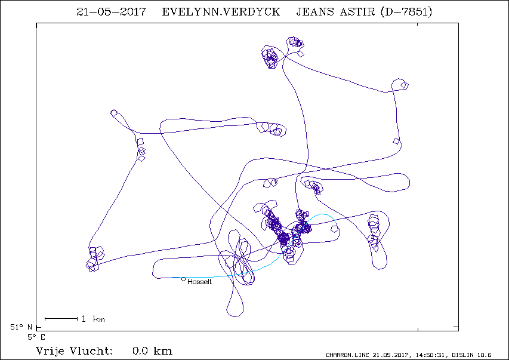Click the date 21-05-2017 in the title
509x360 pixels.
coord(111,12)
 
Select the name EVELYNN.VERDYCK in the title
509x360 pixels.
coord(221,12)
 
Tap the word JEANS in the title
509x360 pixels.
coord(315,12)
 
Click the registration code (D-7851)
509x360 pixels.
coord(406,12)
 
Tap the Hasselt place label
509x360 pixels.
coord(199,282)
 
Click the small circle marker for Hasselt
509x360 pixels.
coord(183,279)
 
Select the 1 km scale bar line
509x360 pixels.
coord(61,319)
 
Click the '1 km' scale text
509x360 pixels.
coord(93,319)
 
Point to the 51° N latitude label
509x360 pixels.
coord(21,327)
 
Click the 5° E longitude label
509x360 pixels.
coord(36,337)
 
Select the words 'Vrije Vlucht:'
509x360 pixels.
coord(74,351)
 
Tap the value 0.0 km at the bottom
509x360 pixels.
coord(152,351)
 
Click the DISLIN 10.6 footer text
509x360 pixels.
coord(471,355)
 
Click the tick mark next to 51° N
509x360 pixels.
coord(39,327)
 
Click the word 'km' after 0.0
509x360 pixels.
coord(163,351)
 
